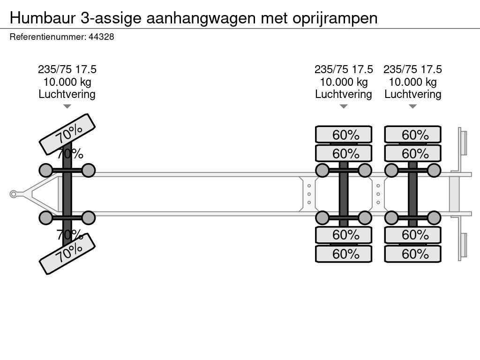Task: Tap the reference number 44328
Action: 101,37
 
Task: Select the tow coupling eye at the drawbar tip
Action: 14,194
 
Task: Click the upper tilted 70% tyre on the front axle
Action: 67,134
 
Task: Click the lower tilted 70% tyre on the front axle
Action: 67,254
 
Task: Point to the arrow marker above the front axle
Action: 67,106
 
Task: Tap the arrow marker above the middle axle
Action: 344,106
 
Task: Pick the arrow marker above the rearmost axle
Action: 412,106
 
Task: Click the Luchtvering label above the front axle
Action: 67,94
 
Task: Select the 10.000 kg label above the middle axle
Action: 344,82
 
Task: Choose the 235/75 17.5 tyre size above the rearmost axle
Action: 412,69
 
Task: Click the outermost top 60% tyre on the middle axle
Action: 344,135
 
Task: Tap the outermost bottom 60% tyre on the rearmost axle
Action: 412,254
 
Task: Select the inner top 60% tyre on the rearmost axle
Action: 412,153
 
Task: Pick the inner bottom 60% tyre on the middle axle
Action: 344,235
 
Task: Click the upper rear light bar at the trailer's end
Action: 463,142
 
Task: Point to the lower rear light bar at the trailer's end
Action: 463,246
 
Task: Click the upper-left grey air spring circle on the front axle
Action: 45,170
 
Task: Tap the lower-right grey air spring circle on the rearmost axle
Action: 434,217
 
